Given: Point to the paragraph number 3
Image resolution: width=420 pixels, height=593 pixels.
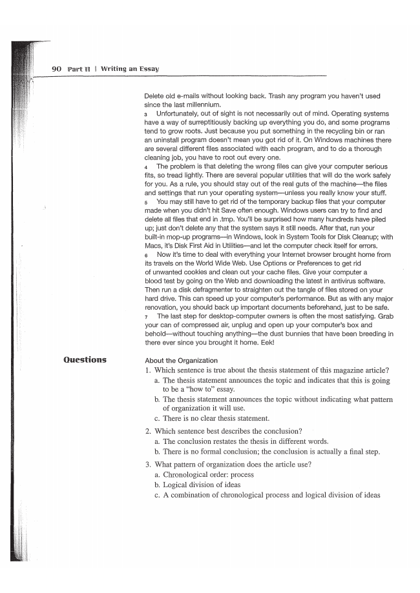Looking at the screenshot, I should pos(146,114).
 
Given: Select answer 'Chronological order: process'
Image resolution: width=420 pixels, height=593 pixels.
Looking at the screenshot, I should pos(208,474).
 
